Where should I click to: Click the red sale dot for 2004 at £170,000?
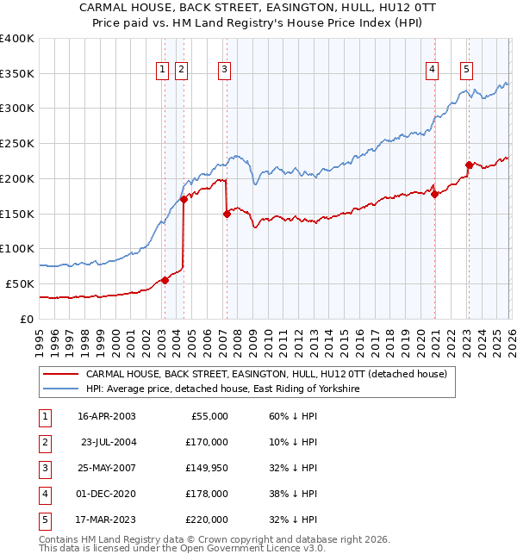(x=184, y=199)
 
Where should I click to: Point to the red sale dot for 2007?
(x=227, y=214)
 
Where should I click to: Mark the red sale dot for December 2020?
(x=434, y=194)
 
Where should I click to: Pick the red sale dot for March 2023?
(x=469, y=165)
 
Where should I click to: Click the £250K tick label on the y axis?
(x=17, y=143)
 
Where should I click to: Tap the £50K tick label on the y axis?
(x=20, y=283)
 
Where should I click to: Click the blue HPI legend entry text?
(x=222, y=389)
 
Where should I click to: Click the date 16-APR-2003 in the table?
(x=106, y=416)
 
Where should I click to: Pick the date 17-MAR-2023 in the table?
(x=106, y=520)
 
